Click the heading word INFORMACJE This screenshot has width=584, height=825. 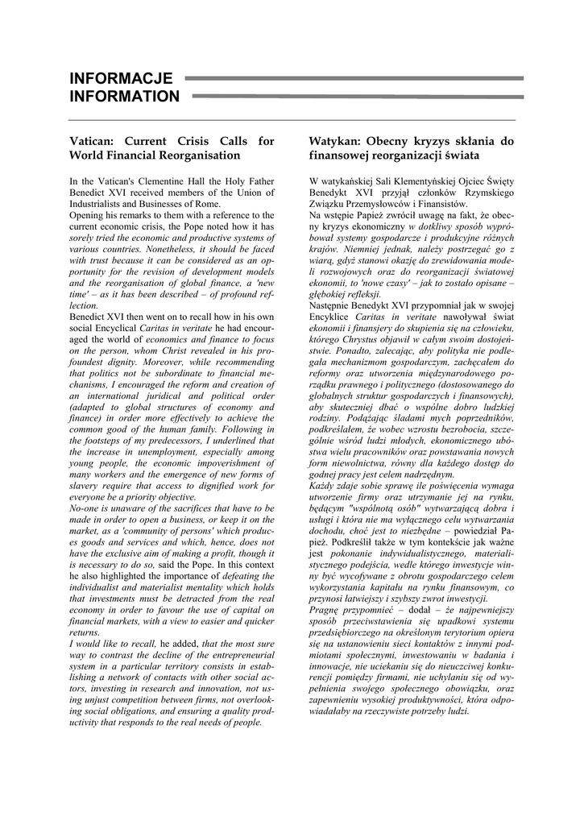121,78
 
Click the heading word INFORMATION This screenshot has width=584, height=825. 124,97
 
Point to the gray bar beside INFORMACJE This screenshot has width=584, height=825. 354,78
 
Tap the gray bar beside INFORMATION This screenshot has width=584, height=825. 358,96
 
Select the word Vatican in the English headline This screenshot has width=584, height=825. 94,141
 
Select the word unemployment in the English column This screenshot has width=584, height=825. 159,453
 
